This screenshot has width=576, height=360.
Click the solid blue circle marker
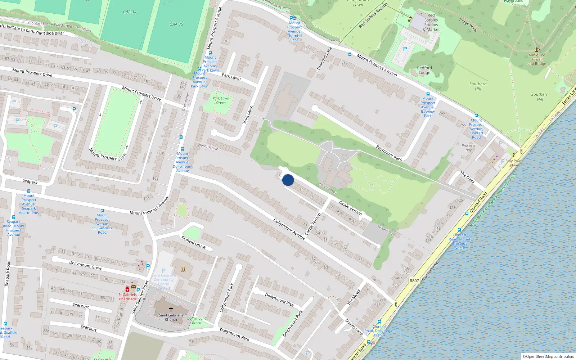pos(288,180)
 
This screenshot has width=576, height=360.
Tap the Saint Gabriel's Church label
pos(171,317)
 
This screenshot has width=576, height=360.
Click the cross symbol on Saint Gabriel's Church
pos(171,309)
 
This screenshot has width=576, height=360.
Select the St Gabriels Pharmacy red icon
pos(127,289)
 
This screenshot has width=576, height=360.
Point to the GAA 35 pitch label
pos(176,24)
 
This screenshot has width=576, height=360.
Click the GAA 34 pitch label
pos(130,12)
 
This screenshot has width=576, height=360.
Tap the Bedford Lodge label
pos(424,70)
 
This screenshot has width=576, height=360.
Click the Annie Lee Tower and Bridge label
pos(537,59)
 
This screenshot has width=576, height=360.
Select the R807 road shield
pos(414,281)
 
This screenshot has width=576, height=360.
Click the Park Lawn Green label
pos(221,100)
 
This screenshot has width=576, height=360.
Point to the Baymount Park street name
pos(389,153)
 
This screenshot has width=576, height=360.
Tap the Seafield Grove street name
pos(193,242)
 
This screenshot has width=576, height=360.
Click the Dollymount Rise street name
pos(279,300)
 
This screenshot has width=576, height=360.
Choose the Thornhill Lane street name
pos(324,59)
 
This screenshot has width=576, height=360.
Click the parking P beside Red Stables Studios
pos(405,49)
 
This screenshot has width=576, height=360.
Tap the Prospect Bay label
pos(468,148)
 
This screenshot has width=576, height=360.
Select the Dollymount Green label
pos(197,320)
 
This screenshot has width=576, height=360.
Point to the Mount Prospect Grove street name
pos(107,154)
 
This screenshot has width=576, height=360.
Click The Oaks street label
pos(467,177)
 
